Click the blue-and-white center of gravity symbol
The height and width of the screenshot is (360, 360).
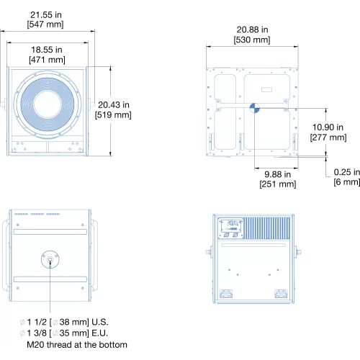click(255, 108)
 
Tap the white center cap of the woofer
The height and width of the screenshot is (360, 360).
click(48, 104)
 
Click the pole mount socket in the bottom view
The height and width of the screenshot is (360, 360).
click(50, 259)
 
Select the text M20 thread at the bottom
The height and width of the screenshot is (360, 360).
click(77, 345)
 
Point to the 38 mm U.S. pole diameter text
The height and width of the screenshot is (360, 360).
click(64, 322)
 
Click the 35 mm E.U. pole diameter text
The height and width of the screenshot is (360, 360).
click(64, 333)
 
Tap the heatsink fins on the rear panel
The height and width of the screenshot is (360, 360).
click(267, 228)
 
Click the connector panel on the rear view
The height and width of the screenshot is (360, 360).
click(231, 228)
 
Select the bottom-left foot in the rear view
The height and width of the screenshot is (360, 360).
click(226, 294)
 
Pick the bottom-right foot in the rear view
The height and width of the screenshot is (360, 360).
click(281, 294)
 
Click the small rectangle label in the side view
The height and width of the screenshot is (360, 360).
click(266, 89)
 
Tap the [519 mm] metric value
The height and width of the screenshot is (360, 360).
click(113, 114)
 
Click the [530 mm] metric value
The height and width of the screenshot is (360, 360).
click(252, 40)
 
